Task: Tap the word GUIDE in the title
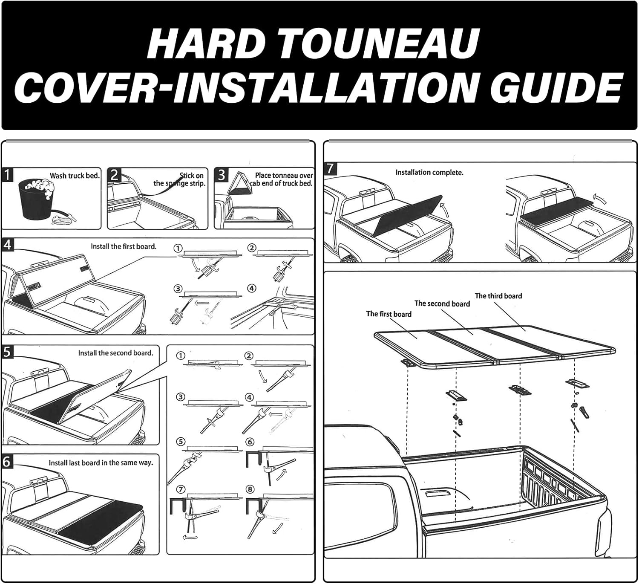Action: tap(559, 87)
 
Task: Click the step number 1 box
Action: tap(7, 175)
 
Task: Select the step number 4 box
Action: tap(7, 245)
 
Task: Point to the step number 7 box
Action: tap(330, 168)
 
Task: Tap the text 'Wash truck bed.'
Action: tap(75, 176)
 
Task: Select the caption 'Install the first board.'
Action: tap(124, 246)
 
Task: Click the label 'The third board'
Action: tap(498, 296)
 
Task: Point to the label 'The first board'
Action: tap(389, 314)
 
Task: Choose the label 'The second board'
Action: tap(442, 304)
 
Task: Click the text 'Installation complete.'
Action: tap(429, 173)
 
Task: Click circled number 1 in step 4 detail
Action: tap(178, 249)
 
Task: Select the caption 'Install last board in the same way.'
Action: tap(101, 463)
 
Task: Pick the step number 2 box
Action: tap(114, 175)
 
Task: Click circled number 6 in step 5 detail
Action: tap(250, 442)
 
